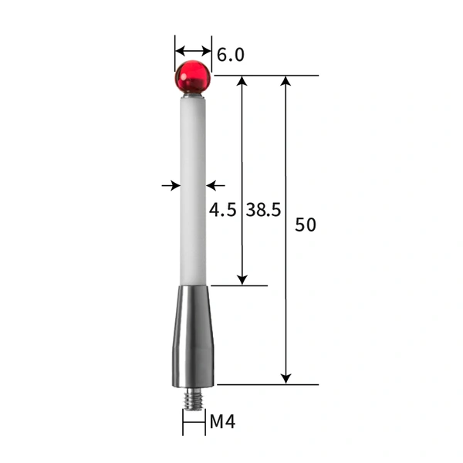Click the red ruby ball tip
193,77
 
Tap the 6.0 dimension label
231,55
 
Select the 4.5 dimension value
222,210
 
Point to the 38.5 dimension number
263,210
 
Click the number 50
306,225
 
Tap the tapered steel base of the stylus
192,336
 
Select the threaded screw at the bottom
193,399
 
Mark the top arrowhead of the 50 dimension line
286,81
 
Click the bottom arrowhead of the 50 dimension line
286,378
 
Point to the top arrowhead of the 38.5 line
242,81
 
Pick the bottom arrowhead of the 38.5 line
242,279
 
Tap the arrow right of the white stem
215,185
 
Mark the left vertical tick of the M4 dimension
183,422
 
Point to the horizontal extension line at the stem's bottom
239,286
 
